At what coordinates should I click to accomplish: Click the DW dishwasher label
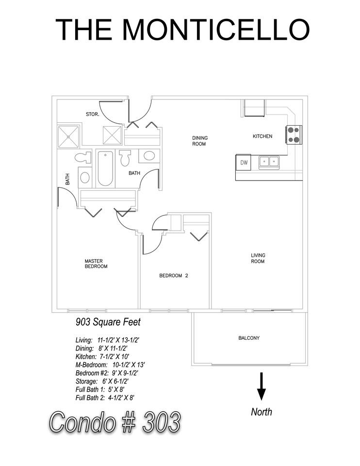(244, 163)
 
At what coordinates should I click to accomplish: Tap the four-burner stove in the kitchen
(294, 134)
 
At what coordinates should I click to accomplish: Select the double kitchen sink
(269, 162)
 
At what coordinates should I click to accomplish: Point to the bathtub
(105, 168)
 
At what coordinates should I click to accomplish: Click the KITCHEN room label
(262, 136)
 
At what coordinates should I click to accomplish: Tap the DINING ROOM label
(199, 141)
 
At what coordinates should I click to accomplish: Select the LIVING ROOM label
(258, 258)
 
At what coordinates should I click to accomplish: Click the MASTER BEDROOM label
(96, 264)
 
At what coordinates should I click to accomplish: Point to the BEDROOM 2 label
(174, 276)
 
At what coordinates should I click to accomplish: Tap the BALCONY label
(249, 338)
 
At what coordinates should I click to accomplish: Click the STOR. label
(92, 114)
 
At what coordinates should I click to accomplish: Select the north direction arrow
(262, 386)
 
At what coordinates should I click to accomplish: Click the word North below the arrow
(262, 412)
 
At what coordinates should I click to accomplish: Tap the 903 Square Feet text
(108, 322)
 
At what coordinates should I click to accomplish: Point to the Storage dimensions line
(102, 382)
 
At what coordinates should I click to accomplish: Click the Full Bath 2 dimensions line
(105, 398)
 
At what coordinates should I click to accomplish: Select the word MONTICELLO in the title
(216, 29)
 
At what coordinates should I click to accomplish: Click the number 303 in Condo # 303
(161, 422)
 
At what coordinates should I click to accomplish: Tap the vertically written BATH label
(67, 179)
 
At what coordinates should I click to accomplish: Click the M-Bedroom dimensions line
(110, 365)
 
